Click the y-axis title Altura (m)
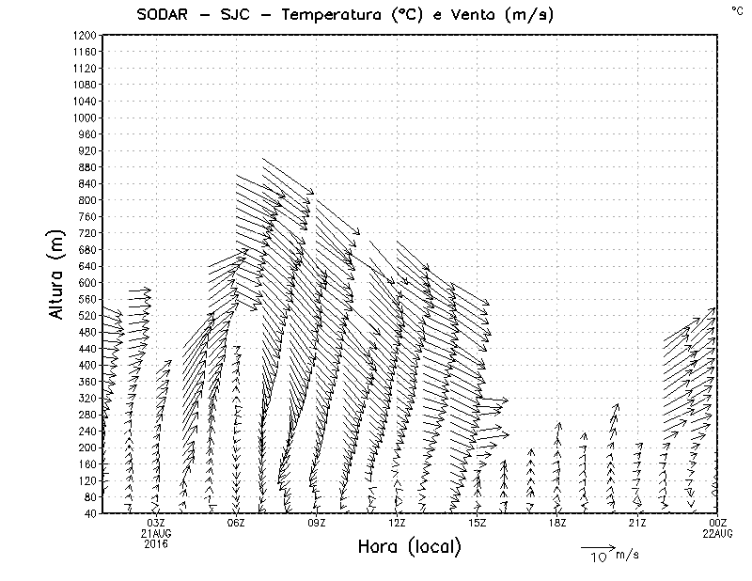58,272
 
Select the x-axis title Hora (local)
410,547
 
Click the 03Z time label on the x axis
156,523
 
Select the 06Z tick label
236,523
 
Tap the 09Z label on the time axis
317,523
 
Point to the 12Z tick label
397,523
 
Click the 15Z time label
478,523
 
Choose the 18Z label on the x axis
557,523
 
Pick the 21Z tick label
638,523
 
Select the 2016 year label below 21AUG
156,543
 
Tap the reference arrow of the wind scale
597,547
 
